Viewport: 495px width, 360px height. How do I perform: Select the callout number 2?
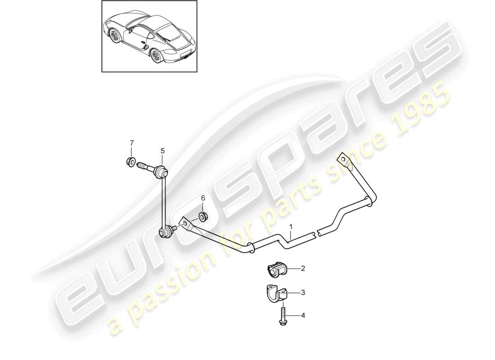tap(303, 269)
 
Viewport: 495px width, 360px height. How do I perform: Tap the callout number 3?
tap(303, 292)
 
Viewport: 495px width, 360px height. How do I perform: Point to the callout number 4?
tap(303, 315)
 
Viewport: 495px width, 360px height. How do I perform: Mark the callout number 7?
tap(132, 143)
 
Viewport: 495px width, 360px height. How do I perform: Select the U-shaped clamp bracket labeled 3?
tap(273, 294)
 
